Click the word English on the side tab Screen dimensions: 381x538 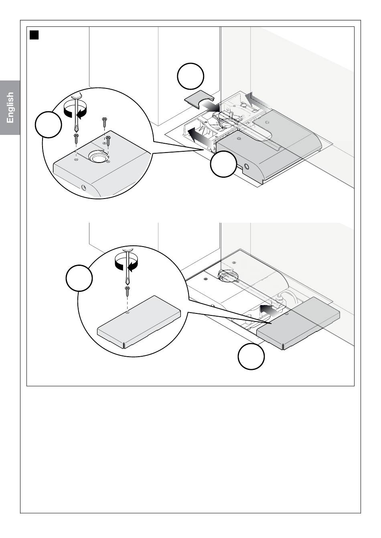(10, 108)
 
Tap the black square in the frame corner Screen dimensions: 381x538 (34, 35)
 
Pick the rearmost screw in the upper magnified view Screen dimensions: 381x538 (104, 122)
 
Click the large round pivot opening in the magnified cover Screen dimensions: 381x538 (97, 156)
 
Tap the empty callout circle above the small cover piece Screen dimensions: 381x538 (190, 76)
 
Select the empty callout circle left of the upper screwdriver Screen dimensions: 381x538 (49, 124)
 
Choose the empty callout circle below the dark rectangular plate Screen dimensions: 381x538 (251, 356)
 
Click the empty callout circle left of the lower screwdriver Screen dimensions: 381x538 (79, 278)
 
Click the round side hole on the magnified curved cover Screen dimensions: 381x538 (84, 187)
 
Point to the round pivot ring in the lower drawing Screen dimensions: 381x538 (227, 275)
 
